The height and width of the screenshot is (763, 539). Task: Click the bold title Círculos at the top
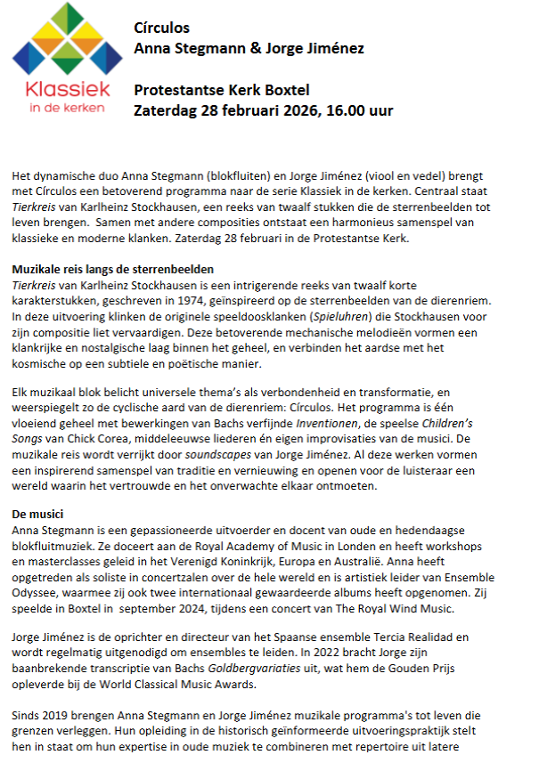point(161,28)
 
